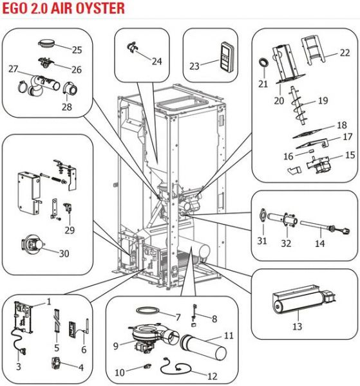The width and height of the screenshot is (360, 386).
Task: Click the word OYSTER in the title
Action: coord(100,8)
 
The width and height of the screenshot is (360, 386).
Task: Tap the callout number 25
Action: coord(77,50)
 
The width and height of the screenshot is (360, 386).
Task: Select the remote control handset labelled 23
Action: coord(227,57)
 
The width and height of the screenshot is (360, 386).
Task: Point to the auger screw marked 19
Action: coord(299,106)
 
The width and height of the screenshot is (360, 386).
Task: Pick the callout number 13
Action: coord(297,326)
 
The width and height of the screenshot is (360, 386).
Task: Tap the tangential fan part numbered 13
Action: coord(304,300)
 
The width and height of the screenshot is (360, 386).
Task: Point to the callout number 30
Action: coord(64,253)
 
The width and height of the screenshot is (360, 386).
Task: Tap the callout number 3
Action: coord(19,367)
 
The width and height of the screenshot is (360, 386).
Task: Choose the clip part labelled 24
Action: coord(133,47)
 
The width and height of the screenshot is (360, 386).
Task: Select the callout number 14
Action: coord(320,243)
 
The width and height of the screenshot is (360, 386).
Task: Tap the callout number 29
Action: coord(70,230)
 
